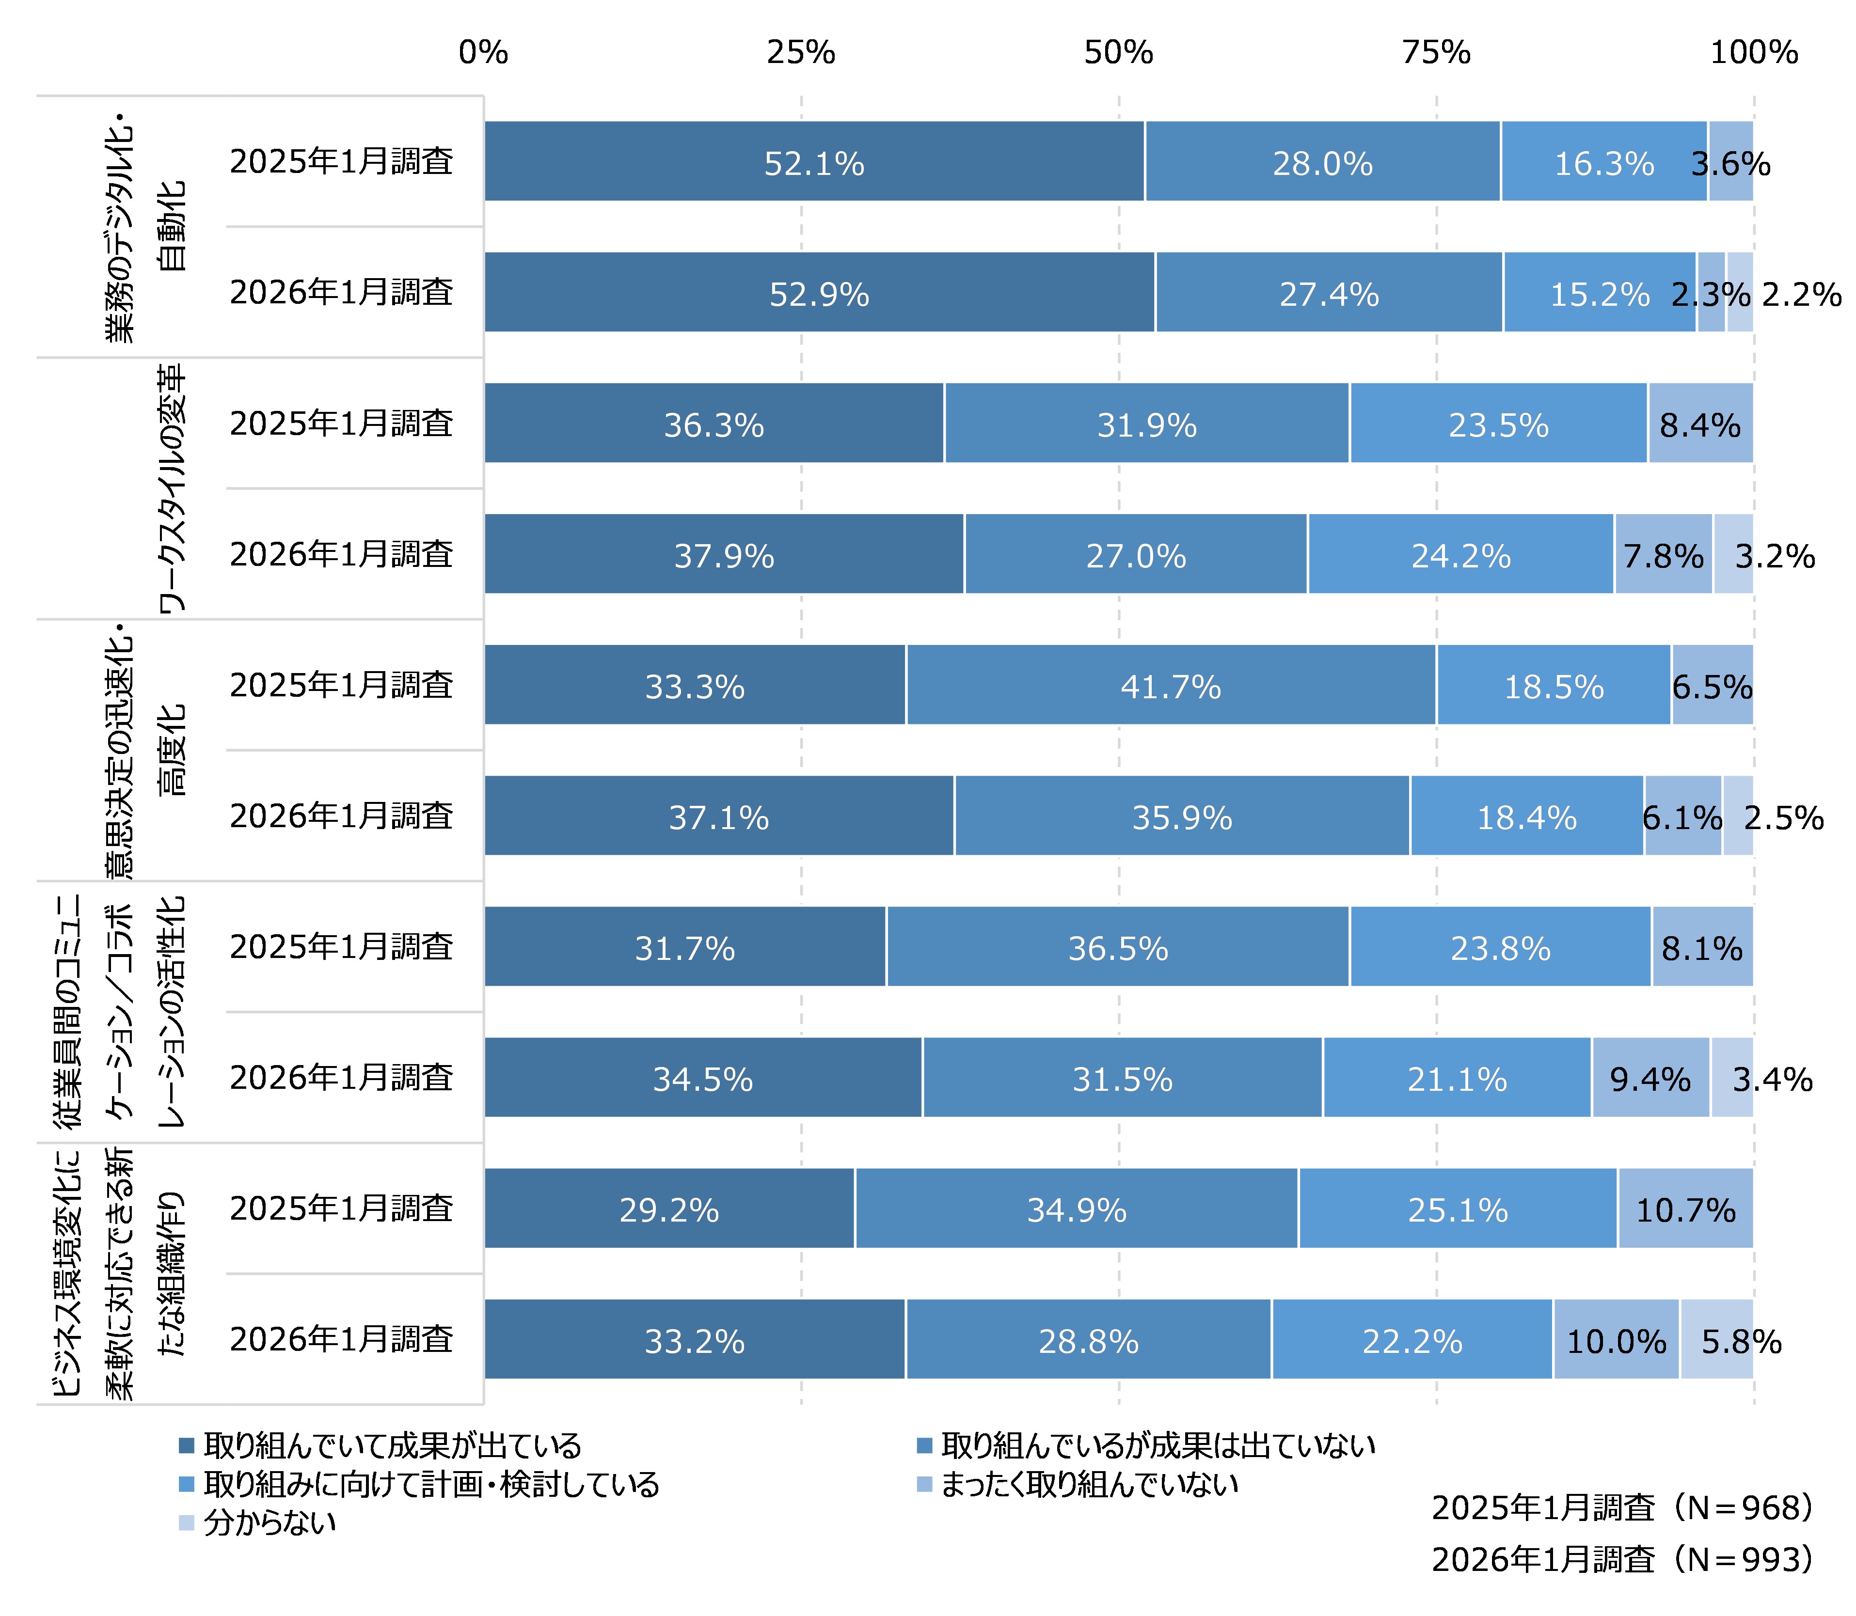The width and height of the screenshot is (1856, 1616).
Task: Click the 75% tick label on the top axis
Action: pos(1436,53)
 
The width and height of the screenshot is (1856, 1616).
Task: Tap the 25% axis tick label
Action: pos(801,53)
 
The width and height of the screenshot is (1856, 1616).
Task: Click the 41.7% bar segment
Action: pos(1171,685)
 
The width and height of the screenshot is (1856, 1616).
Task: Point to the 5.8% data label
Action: pos(1741,1341)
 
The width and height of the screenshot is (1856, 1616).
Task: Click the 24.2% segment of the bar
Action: pos(1460,555)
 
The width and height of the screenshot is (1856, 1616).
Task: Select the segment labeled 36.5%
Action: pos(1117,947)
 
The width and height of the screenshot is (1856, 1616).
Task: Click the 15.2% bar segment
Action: pos(1599,293)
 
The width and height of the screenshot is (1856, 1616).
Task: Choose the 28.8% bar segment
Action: pos(1089,1340)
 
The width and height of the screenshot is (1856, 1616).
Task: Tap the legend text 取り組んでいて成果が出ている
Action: pos(392,1446)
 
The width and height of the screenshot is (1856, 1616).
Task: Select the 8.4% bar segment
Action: pos(1700,424)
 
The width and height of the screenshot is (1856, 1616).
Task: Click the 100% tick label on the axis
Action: pos(1753,53)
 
